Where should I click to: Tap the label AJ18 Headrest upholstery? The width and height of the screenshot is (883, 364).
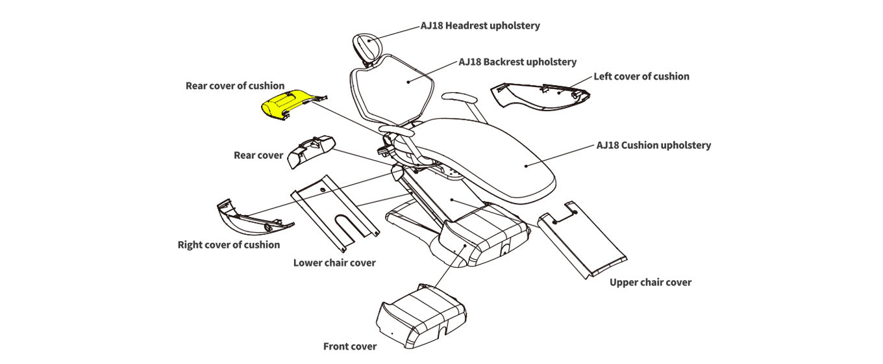pos(480,26)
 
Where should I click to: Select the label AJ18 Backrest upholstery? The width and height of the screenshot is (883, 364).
pos(517,62)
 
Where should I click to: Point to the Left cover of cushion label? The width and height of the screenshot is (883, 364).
pos(641,76)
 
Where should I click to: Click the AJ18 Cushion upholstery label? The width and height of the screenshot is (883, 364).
pos(653,145)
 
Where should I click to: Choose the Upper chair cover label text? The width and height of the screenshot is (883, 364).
pos(651,282)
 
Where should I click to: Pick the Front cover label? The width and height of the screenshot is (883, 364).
pos(350,346)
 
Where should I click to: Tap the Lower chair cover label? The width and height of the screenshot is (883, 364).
pos(334,263)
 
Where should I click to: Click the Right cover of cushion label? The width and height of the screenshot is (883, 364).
pos(229,244)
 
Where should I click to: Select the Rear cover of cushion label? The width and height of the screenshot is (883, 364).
pos(235,85)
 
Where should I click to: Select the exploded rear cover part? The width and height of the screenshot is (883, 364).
pos(310,151)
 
